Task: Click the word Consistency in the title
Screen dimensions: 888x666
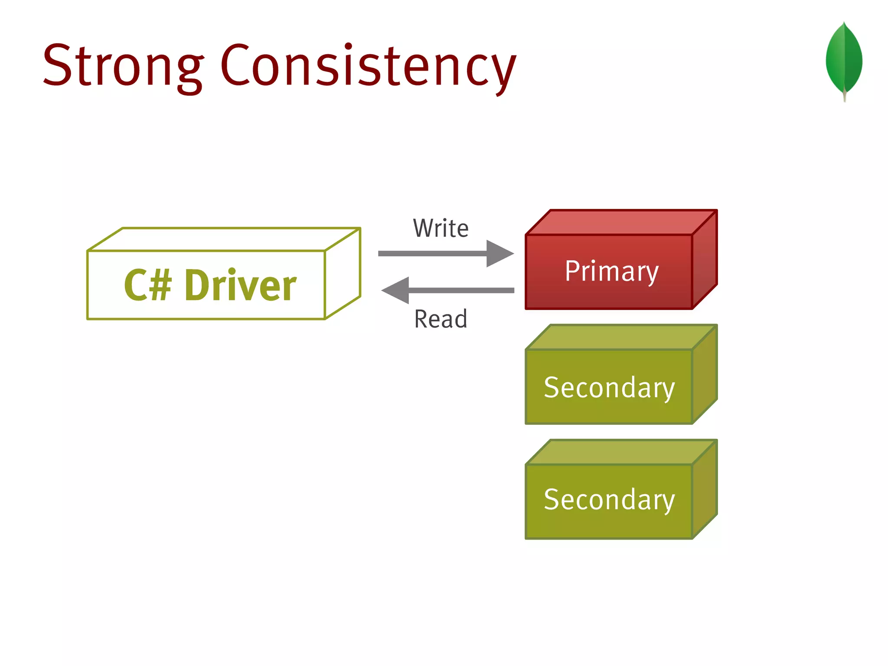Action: [369, 67]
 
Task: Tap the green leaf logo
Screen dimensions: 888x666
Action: [844, 59]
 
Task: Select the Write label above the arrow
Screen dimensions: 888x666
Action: [441, 229]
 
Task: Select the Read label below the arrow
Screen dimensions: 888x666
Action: [441, 319]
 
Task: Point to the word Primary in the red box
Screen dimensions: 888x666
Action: [611, 271]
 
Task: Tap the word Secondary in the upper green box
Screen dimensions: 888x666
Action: [609, 387]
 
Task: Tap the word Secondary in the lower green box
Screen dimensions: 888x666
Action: [609, 499]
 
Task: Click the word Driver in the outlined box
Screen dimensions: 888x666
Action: [241, 285]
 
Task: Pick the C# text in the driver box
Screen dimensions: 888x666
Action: [147, 285]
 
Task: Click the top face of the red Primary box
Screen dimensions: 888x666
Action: [621, 222]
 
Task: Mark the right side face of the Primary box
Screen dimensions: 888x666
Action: [705, 260]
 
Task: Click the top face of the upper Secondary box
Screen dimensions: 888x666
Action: [621, 337]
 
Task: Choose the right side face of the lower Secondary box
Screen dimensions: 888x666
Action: [705, 490]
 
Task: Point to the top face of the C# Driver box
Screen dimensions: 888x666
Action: [223, 239]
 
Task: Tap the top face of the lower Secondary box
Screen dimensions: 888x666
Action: [621, 452]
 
